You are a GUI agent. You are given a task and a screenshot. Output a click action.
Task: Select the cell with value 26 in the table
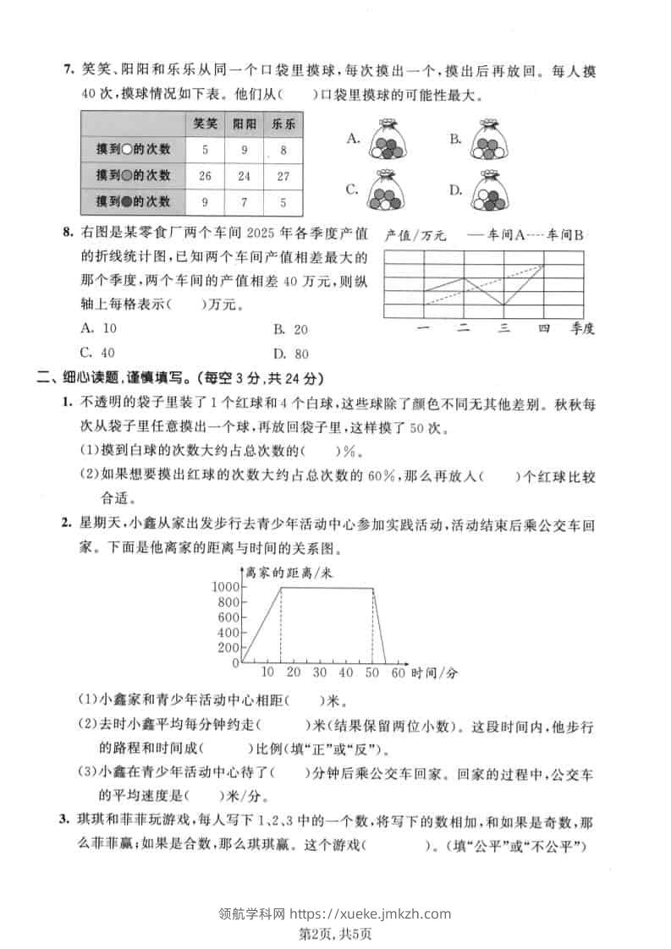click(x=205, y=176)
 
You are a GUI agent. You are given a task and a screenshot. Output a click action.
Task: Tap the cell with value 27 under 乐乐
click(x=283, y=176)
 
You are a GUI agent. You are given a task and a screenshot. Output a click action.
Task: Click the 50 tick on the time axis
click(x=371, y=673)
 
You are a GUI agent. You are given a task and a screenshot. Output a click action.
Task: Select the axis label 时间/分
click(x=435, y=673)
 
